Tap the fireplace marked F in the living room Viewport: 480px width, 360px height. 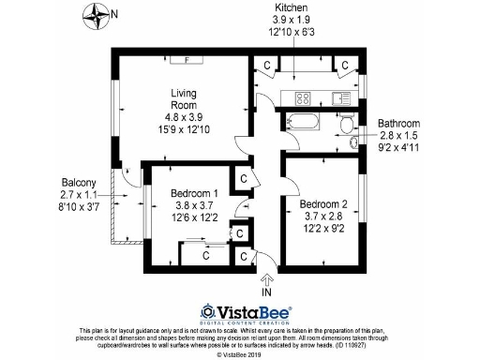(x=188, y=59)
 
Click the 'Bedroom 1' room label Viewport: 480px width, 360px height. (x=195, y=194)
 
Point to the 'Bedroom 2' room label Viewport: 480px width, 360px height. (x=323, y=203)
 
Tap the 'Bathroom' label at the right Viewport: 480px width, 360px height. (x=398, y=124)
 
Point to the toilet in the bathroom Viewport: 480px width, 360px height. (x=347, y=125)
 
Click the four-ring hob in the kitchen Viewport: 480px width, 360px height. (x=304, y=97)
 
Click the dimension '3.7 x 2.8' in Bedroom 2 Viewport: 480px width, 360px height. (x=323, y=216)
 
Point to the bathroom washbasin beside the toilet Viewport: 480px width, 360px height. (x=353, y=142)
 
